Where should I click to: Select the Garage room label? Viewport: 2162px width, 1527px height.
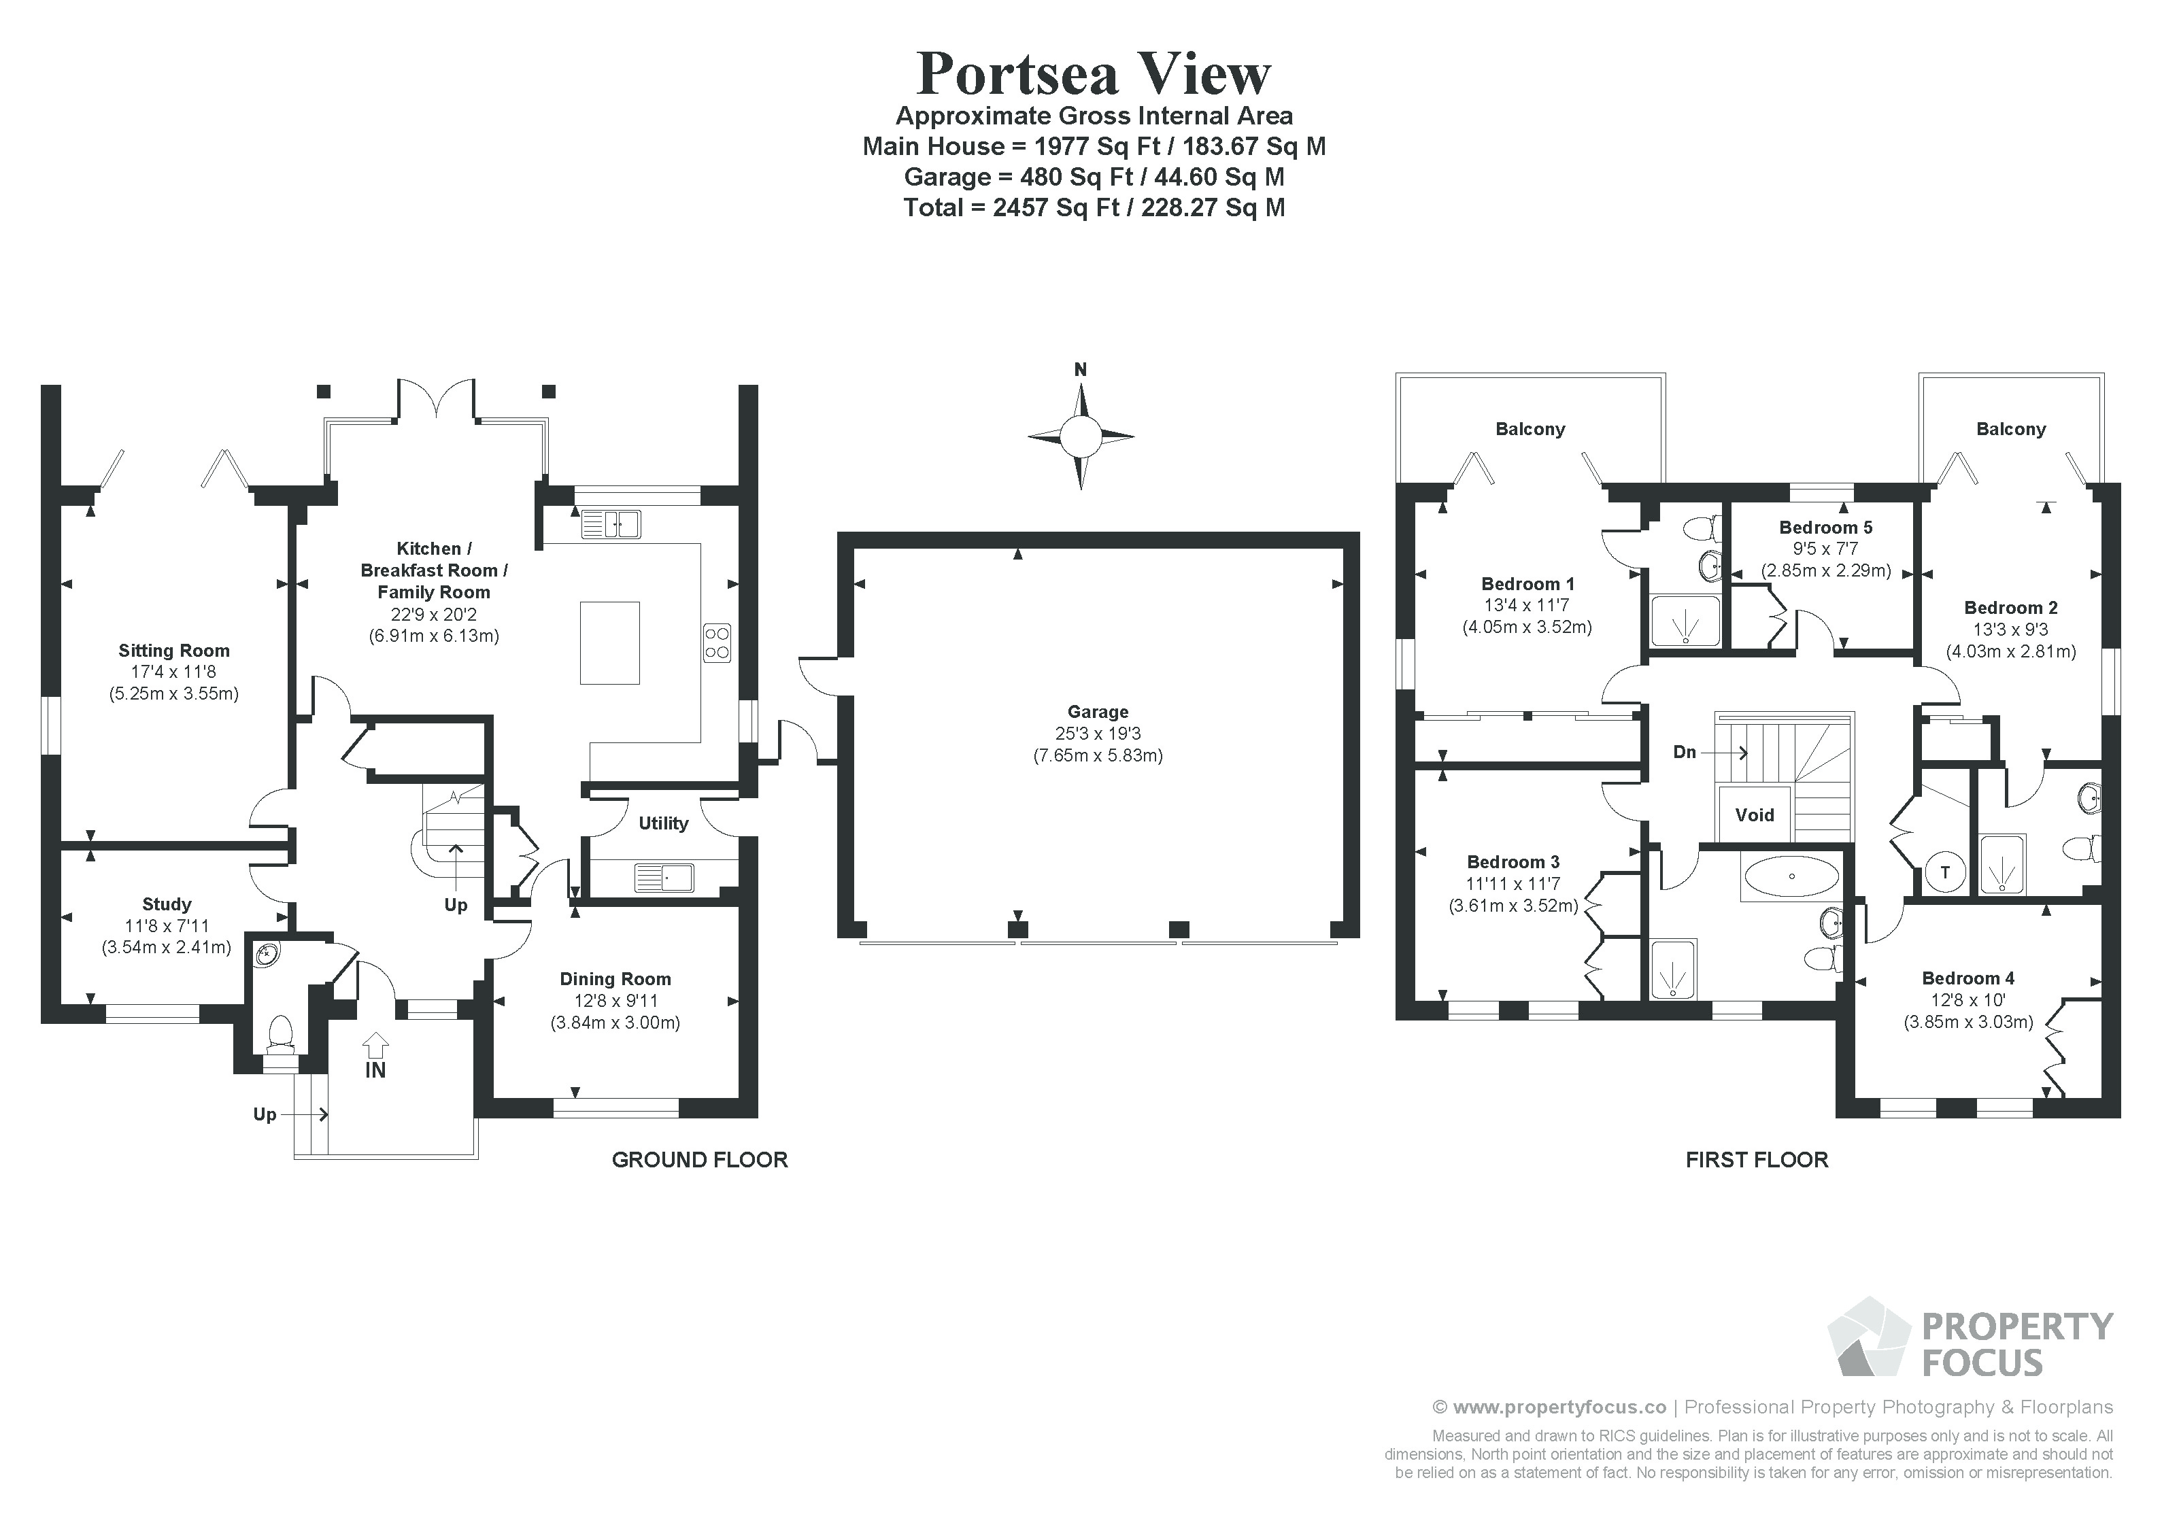tap(1098, 712)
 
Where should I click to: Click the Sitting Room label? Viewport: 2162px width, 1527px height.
tap(174, 651)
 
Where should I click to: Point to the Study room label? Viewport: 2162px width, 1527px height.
tap(167, 904)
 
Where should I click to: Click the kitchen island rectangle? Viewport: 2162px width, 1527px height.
tap(610, 643)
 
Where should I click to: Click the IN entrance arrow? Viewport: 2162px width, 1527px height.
tap(375, 1044)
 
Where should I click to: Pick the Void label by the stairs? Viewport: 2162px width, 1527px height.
tap(1754, 815)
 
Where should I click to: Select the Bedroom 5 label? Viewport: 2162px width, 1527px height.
tap(1826, 527)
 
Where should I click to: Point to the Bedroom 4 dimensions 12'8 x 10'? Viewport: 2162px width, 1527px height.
tap(1968, 1000)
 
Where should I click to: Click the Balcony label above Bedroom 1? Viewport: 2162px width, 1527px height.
tap(1530, 429)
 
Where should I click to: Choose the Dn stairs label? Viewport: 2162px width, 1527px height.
tap(1685, 752)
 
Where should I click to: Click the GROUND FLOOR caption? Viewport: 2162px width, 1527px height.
tap(700, 1160)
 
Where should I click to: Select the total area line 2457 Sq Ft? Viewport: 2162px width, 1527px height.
tap(1094, 207)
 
